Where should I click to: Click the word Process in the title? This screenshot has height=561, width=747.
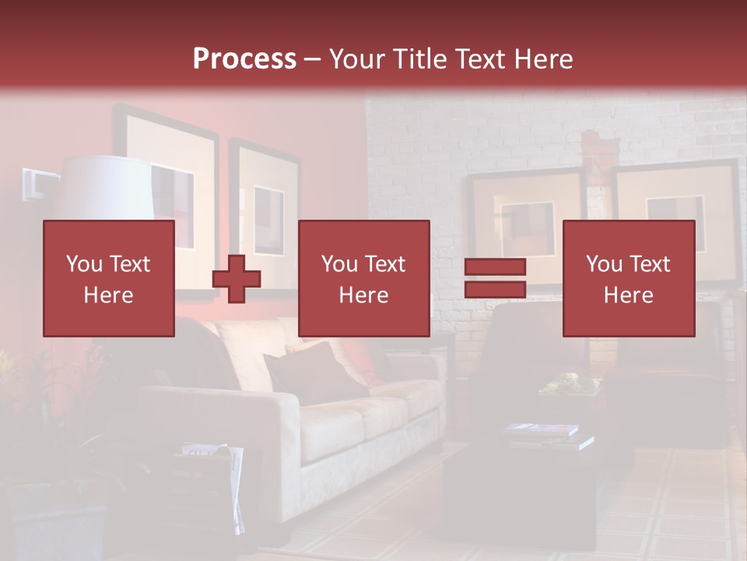click(x=244, y=59)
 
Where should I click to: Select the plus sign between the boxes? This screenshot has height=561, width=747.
click(x=237, y=279)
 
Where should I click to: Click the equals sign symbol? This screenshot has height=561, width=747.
click(x=495, y=279)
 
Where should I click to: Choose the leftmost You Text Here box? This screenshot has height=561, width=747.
click(x=109, y=278)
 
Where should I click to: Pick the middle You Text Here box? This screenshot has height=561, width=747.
click(x=363, y=278)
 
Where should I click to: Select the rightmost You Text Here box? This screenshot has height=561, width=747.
click(x=628, y=278)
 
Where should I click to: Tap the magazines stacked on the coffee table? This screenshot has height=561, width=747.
click(x=545, y=435)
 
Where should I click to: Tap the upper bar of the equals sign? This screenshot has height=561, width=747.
click(x=495, y=267)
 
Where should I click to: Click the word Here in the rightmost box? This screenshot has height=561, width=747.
click(x=628, y=295)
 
